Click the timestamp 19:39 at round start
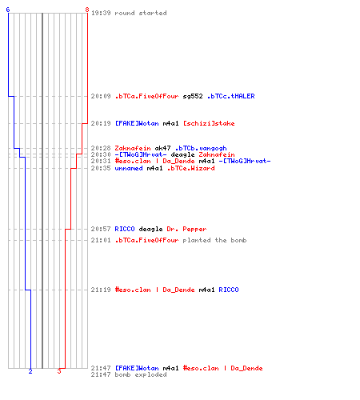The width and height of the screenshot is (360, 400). click(101, 13)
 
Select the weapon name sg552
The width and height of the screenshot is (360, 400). click(193, 96)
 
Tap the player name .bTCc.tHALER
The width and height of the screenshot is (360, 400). click(231, 96)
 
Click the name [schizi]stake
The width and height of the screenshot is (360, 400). click(209, 123)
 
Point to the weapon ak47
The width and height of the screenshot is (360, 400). click(162, 148)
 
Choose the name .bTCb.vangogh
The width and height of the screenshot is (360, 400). click(201, 148)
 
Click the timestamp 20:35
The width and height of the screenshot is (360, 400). click(101, 168)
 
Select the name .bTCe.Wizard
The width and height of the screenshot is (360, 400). click(190, 168)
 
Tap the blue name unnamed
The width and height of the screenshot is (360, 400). click(129, 168)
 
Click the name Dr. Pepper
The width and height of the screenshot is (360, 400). click(186, 229)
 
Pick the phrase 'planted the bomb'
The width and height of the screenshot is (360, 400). click(214, 240)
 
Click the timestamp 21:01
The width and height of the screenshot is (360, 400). click(101, 240)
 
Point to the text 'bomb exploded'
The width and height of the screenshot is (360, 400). click(141, 374)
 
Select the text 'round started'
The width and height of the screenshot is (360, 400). click(141, 13)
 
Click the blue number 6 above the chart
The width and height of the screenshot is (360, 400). click(8, 10)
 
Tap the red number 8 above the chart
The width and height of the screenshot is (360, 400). click(87, 10)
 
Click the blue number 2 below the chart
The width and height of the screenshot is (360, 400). click(30, 371)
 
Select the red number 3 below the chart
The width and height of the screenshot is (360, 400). click(59, 371)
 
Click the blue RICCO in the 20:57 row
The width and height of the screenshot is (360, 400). click(125, 229)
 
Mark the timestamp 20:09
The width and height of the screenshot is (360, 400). click(101, 96)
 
